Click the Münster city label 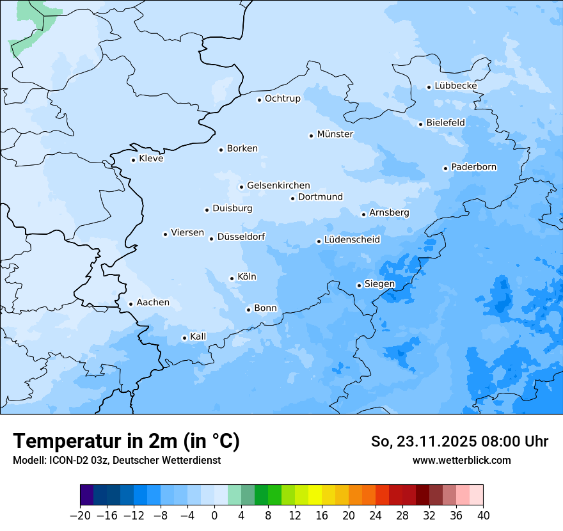tap(335, 134)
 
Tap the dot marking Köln tap(232, 278)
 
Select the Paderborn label tap(473, 167)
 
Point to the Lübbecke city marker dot tap(429, 87)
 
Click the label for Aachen tap(153, 303)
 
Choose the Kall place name tap(198, 337)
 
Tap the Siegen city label tap(379, 284)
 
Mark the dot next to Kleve tap(133, 160)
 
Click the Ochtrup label tap(282, 99)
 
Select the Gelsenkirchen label tap(278, 186)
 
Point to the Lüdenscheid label tap(352, 240)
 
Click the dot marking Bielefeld tap(420, 124)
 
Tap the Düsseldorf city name tap(241, 237)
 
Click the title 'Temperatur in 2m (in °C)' tap(126, 441)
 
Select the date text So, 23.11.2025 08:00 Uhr tap(459, 441)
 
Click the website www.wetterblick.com tap(461, 460)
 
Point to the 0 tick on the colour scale tap(214, 516)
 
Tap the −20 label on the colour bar tap(80, 516)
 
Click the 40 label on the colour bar tap(483, 516)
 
